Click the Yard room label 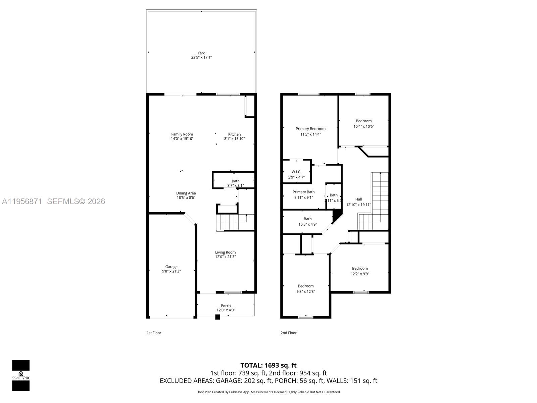[x=201, y=53]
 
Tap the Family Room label [x=182, y=134]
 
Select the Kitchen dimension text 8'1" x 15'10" [x=234, y=139]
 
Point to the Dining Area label [x=186, y=193]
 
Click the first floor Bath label [x=236, y=181]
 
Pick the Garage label [x=171, y=267]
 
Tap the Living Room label [x=225, y=252]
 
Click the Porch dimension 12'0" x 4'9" [x=226, y=310]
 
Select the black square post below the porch [x=217, y=317]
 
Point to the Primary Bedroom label [x=310, y=129]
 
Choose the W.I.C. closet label [x=296, y=172]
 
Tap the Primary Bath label [x=303, y=192]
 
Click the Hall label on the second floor [x=358, y=199]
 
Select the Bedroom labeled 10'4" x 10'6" [x=363, y=121]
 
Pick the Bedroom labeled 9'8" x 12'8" [x=305, y=286]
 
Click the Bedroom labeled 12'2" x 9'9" [x=360, y=268]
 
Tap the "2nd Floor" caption [x=288, y=333]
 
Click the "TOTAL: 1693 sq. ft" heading [x=268, y=365]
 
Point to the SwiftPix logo [x=21, y=375]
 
